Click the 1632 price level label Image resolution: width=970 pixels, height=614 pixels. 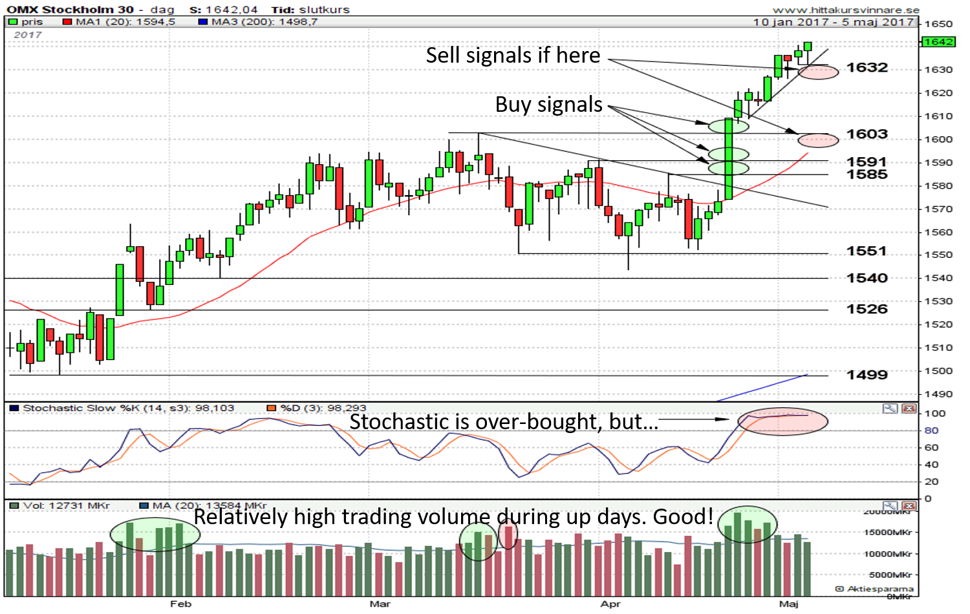[x=867, y=68]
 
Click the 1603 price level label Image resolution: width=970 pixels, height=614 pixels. [x=867, y=134]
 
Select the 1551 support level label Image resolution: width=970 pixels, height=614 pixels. [x=867, y=251]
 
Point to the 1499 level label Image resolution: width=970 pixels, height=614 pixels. [x=867, y=375]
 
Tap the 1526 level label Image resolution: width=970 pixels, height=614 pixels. [x=867, y=309]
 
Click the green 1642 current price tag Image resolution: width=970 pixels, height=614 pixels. [x=938, y=42]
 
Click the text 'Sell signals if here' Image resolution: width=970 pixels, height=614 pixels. [x=513, y=56]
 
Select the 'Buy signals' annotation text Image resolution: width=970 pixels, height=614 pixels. [x=548, y=105]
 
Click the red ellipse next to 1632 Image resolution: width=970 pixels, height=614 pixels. [x=819, y=72]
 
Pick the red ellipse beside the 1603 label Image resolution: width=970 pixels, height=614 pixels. [x=818, y=140]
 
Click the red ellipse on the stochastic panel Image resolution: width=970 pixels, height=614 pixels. [x=782, y=421]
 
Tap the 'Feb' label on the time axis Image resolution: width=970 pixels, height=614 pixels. [x=180, y=604]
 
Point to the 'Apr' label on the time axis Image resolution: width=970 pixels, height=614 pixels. [x=610, y=604]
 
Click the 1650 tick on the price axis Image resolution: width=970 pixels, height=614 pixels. [x=938, y=25]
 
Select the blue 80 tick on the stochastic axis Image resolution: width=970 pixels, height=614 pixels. [x=931, y=430]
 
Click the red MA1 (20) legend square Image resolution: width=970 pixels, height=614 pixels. [x=67, y=22]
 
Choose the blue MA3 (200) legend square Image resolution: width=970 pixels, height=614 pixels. [x=202, y=22]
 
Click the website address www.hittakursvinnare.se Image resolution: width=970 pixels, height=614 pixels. [x=845, y=10]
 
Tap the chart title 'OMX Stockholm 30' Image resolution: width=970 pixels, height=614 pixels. [x=70, y=10]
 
